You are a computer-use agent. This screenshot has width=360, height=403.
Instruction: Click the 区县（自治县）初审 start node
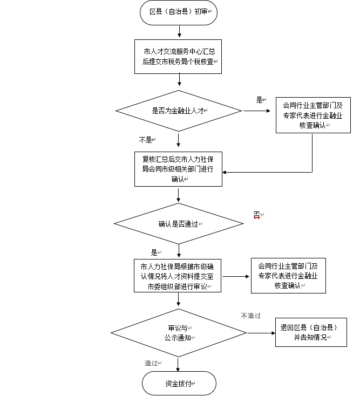pos(179,11)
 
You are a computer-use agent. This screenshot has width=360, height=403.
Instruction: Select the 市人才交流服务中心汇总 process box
pos(179,57)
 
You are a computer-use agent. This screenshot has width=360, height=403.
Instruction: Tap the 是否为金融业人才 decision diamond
pos(179,111)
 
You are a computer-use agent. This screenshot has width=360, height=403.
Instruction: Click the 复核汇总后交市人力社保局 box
pos(179,169)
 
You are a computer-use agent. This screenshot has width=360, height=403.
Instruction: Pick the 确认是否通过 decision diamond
pos(179,223)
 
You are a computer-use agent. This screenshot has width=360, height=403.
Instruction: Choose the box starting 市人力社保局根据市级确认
pos(179,276)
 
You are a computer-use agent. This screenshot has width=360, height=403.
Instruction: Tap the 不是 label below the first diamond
pos(146,140)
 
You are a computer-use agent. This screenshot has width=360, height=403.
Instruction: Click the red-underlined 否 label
pos(256,215)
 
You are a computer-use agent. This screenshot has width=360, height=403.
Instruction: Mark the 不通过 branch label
pos(251,316)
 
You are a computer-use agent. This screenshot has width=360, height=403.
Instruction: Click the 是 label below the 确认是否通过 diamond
pos(154,252)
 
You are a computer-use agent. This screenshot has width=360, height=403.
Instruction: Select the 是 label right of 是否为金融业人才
pos(260,100)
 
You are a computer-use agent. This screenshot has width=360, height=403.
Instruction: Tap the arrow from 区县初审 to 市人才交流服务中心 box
pos(179,31)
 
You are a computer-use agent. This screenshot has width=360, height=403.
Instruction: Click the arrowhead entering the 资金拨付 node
pos(179,370)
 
